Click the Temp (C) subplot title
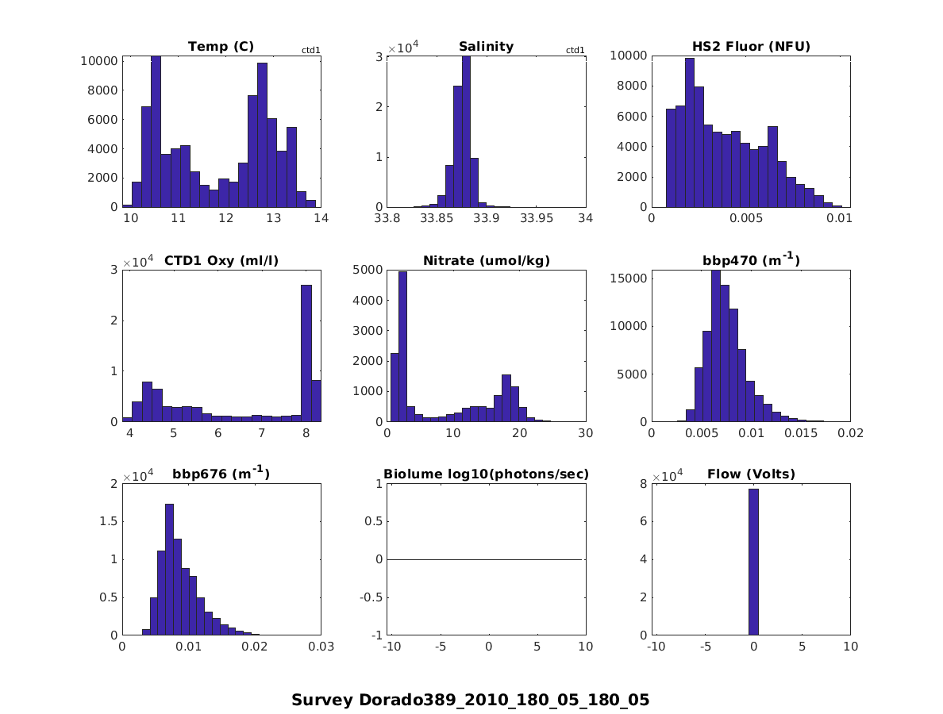coord(221,47)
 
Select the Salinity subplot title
coord(486,47)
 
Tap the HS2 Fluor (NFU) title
coord(750,47)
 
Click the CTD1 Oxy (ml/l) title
coord(221,261)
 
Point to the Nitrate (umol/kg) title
coord(486,261)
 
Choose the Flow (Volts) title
coord(750,475)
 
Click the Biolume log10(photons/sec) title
coord(486,475)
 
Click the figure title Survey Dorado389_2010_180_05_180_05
coord(470,701)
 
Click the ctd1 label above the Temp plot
coord(310,51)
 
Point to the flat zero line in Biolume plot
coord(486,559)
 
